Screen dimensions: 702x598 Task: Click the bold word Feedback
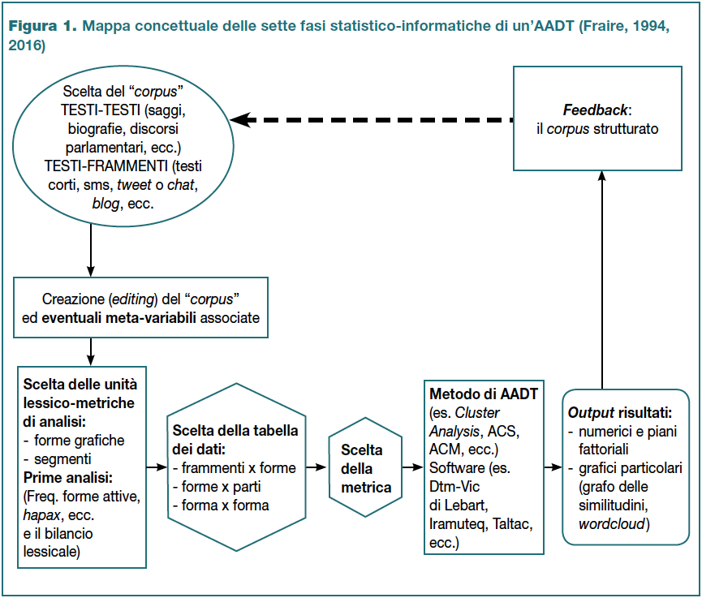point(595,110)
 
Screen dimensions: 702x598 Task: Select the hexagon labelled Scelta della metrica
point(365,467)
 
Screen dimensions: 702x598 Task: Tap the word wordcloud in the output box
point(612,523)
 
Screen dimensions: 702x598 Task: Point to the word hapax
point(41,515)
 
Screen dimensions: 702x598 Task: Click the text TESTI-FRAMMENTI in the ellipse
point(106,166)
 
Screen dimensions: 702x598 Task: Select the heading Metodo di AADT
point(484,394)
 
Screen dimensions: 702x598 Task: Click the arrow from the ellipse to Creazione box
point(91,251)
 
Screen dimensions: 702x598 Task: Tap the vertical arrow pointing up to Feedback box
point(602,280)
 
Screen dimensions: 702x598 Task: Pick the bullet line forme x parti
point(216,487)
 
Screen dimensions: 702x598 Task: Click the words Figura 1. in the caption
point(42,26)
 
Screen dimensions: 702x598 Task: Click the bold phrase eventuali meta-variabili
point(118,318)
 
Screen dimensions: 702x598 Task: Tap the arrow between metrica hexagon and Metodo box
point(413,467)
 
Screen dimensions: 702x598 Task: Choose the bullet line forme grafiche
point(74,441)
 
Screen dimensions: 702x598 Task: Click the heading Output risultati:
point(619,413)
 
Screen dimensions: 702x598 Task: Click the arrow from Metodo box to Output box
point(553,467)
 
